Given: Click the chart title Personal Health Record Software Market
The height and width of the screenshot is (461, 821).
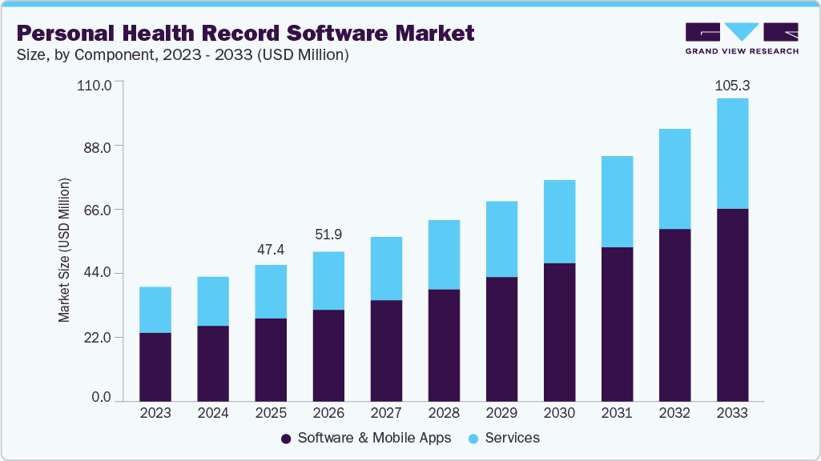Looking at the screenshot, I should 245,34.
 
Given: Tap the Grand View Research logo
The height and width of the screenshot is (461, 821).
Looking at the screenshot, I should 741,38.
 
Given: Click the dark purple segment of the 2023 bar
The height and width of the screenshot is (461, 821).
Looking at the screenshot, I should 155,367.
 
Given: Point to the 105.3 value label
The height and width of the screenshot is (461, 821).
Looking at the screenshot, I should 732,85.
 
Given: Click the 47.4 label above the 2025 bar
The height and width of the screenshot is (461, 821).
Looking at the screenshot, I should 271,250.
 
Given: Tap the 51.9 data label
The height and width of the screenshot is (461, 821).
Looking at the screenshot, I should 328,235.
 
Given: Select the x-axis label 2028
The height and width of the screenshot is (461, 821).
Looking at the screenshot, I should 444,413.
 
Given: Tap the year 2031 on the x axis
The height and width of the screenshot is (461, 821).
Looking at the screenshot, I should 617,413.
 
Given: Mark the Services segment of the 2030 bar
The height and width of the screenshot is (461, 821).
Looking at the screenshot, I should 559,222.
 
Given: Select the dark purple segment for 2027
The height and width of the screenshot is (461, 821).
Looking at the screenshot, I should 386,351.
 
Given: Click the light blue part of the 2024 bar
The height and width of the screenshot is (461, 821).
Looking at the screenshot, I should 213,301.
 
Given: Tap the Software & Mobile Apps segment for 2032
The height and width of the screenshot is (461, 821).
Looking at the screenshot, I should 674,315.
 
